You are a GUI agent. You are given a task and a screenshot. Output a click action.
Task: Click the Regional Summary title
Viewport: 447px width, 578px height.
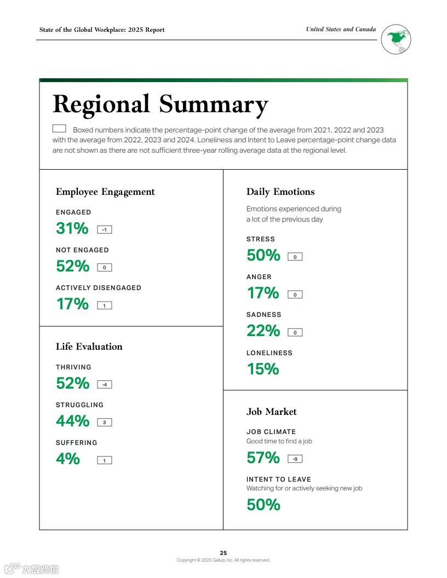coord(160,105)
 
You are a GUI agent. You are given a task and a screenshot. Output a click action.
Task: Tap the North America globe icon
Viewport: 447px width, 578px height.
coord(396,39)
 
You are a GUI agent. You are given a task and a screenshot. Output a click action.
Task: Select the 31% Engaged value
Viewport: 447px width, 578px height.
coord(72,228)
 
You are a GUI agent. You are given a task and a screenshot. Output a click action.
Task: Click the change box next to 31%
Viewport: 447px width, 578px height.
coord(104,230)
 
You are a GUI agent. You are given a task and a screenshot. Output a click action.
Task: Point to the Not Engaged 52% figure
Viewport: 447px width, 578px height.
coord(72,266)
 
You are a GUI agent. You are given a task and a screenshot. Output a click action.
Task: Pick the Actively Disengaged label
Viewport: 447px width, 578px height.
coord(99,288)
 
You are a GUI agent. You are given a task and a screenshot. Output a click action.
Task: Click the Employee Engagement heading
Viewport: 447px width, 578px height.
coord(105,192)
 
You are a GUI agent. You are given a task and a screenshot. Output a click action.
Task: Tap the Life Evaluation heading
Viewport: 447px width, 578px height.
coord(89,346)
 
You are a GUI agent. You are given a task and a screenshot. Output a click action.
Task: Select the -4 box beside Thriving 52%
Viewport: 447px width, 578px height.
coord(104,385)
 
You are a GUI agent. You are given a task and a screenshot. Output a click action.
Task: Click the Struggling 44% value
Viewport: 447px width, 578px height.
coord(72,421)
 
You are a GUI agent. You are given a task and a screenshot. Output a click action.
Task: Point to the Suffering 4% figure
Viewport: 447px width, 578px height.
coord(68,459)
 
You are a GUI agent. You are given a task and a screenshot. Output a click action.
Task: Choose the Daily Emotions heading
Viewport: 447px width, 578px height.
coord(280,192)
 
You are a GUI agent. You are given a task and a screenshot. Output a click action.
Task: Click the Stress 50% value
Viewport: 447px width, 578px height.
coord(263,255)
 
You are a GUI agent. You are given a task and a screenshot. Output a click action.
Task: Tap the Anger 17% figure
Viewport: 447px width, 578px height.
coord(263,293)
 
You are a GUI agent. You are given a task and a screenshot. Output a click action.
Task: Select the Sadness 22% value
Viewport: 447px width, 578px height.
coord(263,331)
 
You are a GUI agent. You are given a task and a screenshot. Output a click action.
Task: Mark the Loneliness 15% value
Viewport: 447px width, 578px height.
coord(263,369)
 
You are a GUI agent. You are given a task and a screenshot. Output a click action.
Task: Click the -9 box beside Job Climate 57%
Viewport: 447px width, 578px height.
coord(295,459)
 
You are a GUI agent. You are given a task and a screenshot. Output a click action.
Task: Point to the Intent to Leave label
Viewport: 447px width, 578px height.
coord(279,479)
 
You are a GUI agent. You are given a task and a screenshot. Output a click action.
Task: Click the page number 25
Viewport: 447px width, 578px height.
coord(224,553)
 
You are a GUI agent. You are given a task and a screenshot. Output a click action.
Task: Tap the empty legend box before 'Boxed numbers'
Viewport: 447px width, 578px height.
coord(59,129)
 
